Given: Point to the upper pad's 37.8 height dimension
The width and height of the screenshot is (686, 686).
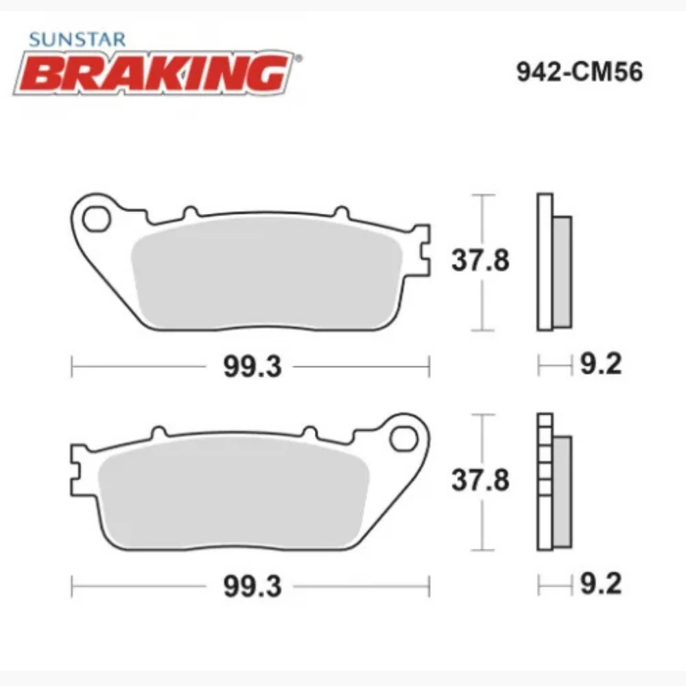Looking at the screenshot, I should tap(480, 261).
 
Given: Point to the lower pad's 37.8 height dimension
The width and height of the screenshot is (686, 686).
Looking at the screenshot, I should tap(480, 480).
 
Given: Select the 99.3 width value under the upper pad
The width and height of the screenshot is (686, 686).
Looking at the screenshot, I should tap(252, 368).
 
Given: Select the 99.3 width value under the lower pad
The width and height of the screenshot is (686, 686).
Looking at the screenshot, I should tap(252, 588).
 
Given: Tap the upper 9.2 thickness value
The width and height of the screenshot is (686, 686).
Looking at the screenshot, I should tap(600, 365).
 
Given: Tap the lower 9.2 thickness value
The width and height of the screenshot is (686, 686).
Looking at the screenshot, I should tap(600, 584).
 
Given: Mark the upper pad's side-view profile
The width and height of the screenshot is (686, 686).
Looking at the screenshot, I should tap(553, 261).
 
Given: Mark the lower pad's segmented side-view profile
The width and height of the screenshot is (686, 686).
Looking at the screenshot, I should tap(553, 480).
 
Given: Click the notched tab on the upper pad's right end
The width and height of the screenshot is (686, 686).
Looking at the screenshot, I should tap(423, 250).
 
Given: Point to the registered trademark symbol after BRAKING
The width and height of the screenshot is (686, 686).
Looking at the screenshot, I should tap(296, 60).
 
